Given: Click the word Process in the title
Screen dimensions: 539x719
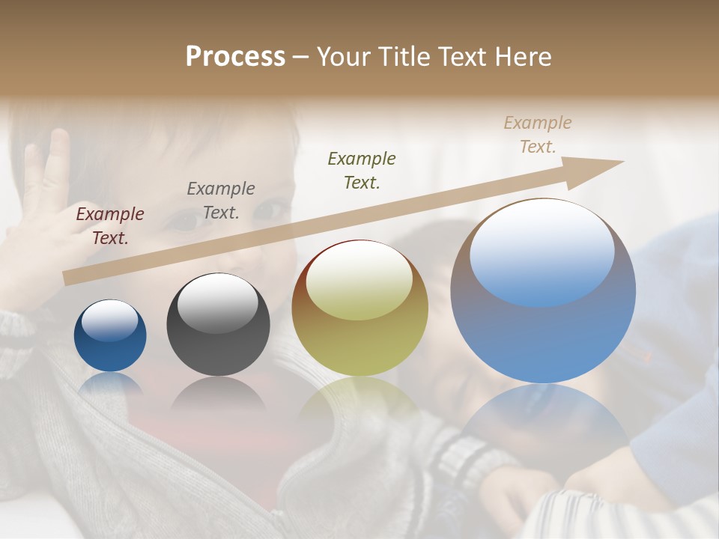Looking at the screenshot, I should [235, 57].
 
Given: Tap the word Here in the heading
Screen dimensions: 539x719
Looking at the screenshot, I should [524, 57].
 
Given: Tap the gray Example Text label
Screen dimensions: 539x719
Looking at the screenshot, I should [221, 201].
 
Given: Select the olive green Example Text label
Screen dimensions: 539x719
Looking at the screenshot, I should [362, 170].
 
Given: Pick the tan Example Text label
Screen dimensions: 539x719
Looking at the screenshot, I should [538, 135].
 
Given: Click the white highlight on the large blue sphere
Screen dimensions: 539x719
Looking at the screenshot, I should [541, 251].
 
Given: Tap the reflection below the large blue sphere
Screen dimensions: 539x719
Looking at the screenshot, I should [543, 419].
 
